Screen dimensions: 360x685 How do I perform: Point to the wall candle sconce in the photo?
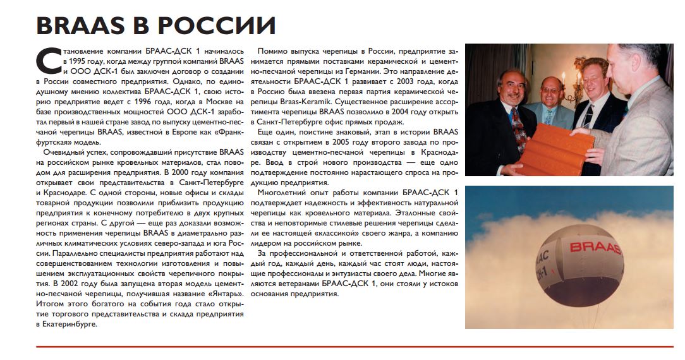click(x=579, y=64)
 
